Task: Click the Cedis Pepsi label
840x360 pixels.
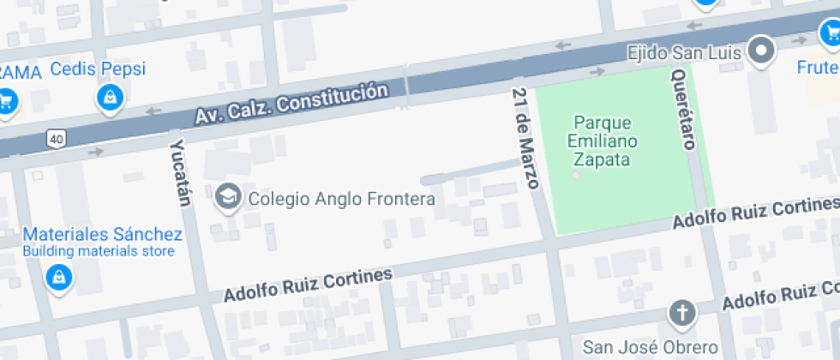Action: tap(98, 69)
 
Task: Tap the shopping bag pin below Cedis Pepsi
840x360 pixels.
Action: tap(111, 98)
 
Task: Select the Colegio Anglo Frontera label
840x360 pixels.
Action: tap(341, 199)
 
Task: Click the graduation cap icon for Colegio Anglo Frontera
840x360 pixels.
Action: tap(228, 198)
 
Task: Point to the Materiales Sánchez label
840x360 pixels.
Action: tap(102, 234)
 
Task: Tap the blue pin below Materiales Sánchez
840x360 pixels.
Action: tap(58, 277)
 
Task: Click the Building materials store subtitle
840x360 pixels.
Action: tap(99, 251)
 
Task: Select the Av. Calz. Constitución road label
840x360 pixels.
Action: tap(285, 104)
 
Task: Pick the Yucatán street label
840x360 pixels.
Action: tap(181, 172)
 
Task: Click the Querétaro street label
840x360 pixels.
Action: tap(682, 109)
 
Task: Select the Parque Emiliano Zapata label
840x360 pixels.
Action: tap(603, 141)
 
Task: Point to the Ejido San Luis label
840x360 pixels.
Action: tap(684, 53)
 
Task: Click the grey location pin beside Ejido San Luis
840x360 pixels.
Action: tap(760, 51)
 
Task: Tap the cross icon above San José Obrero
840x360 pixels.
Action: tap(682, 313)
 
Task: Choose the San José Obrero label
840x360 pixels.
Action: tap(650, 346)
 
